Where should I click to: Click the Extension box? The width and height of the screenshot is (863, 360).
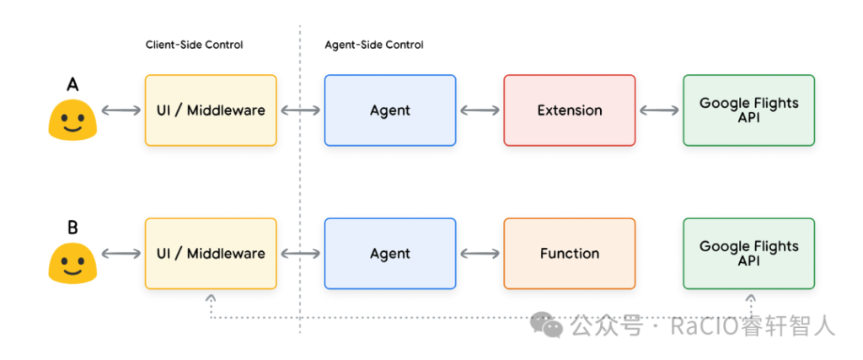[569, 110]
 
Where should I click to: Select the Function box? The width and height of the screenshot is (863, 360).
[569, 253]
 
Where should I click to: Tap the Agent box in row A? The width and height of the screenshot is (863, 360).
[390, 110]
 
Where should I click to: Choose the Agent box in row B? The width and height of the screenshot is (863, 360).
[390, 253]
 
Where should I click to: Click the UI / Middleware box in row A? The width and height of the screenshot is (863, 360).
[211, 110]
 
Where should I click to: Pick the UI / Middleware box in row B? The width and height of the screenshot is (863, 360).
[211, 253]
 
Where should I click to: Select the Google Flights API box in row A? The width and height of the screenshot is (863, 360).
[748, 110]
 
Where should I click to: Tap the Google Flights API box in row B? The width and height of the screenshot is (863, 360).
[748, 253]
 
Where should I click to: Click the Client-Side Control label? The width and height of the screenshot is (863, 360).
[195, 46]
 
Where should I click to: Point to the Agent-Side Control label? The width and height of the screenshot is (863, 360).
[374, 46]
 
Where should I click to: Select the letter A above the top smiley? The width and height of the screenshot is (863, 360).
[72, 84]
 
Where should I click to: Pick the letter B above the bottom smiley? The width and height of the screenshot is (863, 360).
[72, 228]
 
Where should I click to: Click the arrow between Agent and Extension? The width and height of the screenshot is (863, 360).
[480, 110]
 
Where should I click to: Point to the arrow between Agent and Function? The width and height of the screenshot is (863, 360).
[480, 253]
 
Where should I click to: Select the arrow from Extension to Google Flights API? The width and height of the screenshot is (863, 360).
[659, 110]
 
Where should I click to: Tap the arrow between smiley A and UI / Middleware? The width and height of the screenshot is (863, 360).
[121, 110]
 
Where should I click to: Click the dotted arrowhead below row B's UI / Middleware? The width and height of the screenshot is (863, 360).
[211, 298]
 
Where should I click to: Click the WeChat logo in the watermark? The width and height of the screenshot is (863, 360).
[547, 325]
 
